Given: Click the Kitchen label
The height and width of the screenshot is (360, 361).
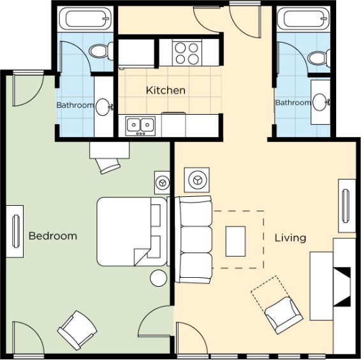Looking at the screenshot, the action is pos(166,90).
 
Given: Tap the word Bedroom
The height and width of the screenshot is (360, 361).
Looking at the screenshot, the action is pos(53,236).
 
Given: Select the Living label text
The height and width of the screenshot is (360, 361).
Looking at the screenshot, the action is pos(290,238).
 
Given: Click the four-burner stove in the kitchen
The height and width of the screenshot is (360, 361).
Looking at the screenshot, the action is pos(187,53).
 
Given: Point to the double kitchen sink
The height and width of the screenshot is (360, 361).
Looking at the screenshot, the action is pos(140,126).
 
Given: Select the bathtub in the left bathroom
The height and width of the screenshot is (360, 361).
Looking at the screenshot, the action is pos(85,18).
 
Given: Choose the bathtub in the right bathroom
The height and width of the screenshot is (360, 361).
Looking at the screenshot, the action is pos(303,18).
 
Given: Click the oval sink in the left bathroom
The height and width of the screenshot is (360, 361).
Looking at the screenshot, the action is pos(103,107).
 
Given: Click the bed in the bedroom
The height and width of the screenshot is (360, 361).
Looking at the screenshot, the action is pos(131,232).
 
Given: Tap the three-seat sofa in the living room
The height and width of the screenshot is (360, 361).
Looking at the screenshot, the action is pos(193,240).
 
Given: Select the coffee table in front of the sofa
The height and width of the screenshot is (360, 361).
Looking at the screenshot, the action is pos(235,241).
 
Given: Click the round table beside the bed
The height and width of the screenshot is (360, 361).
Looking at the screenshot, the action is pos(158,278).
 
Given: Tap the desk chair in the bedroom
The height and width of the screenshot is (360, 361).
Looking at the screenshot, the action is pos(108,166).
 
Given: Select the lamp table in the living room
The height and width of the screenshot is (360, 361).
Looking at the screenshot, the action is pos(197,180).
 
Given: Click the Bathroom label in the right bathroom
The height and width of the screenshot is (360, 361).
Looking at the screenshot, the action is pos(293,103).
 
